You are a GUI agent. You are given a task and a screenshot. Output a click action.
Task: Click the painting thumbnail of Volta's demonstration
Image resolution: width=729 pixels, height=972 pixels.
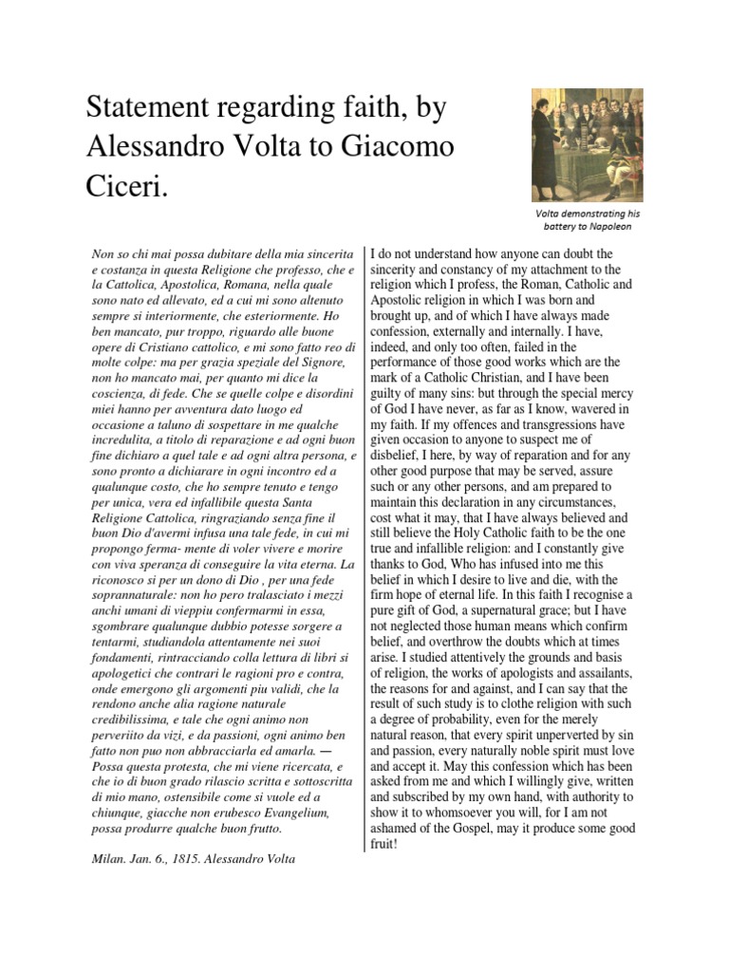tap(587, 146)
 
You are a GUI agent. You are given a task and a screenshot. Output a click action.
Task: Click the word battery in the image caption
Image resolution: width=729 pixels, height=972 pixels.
tap(560, 228)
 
